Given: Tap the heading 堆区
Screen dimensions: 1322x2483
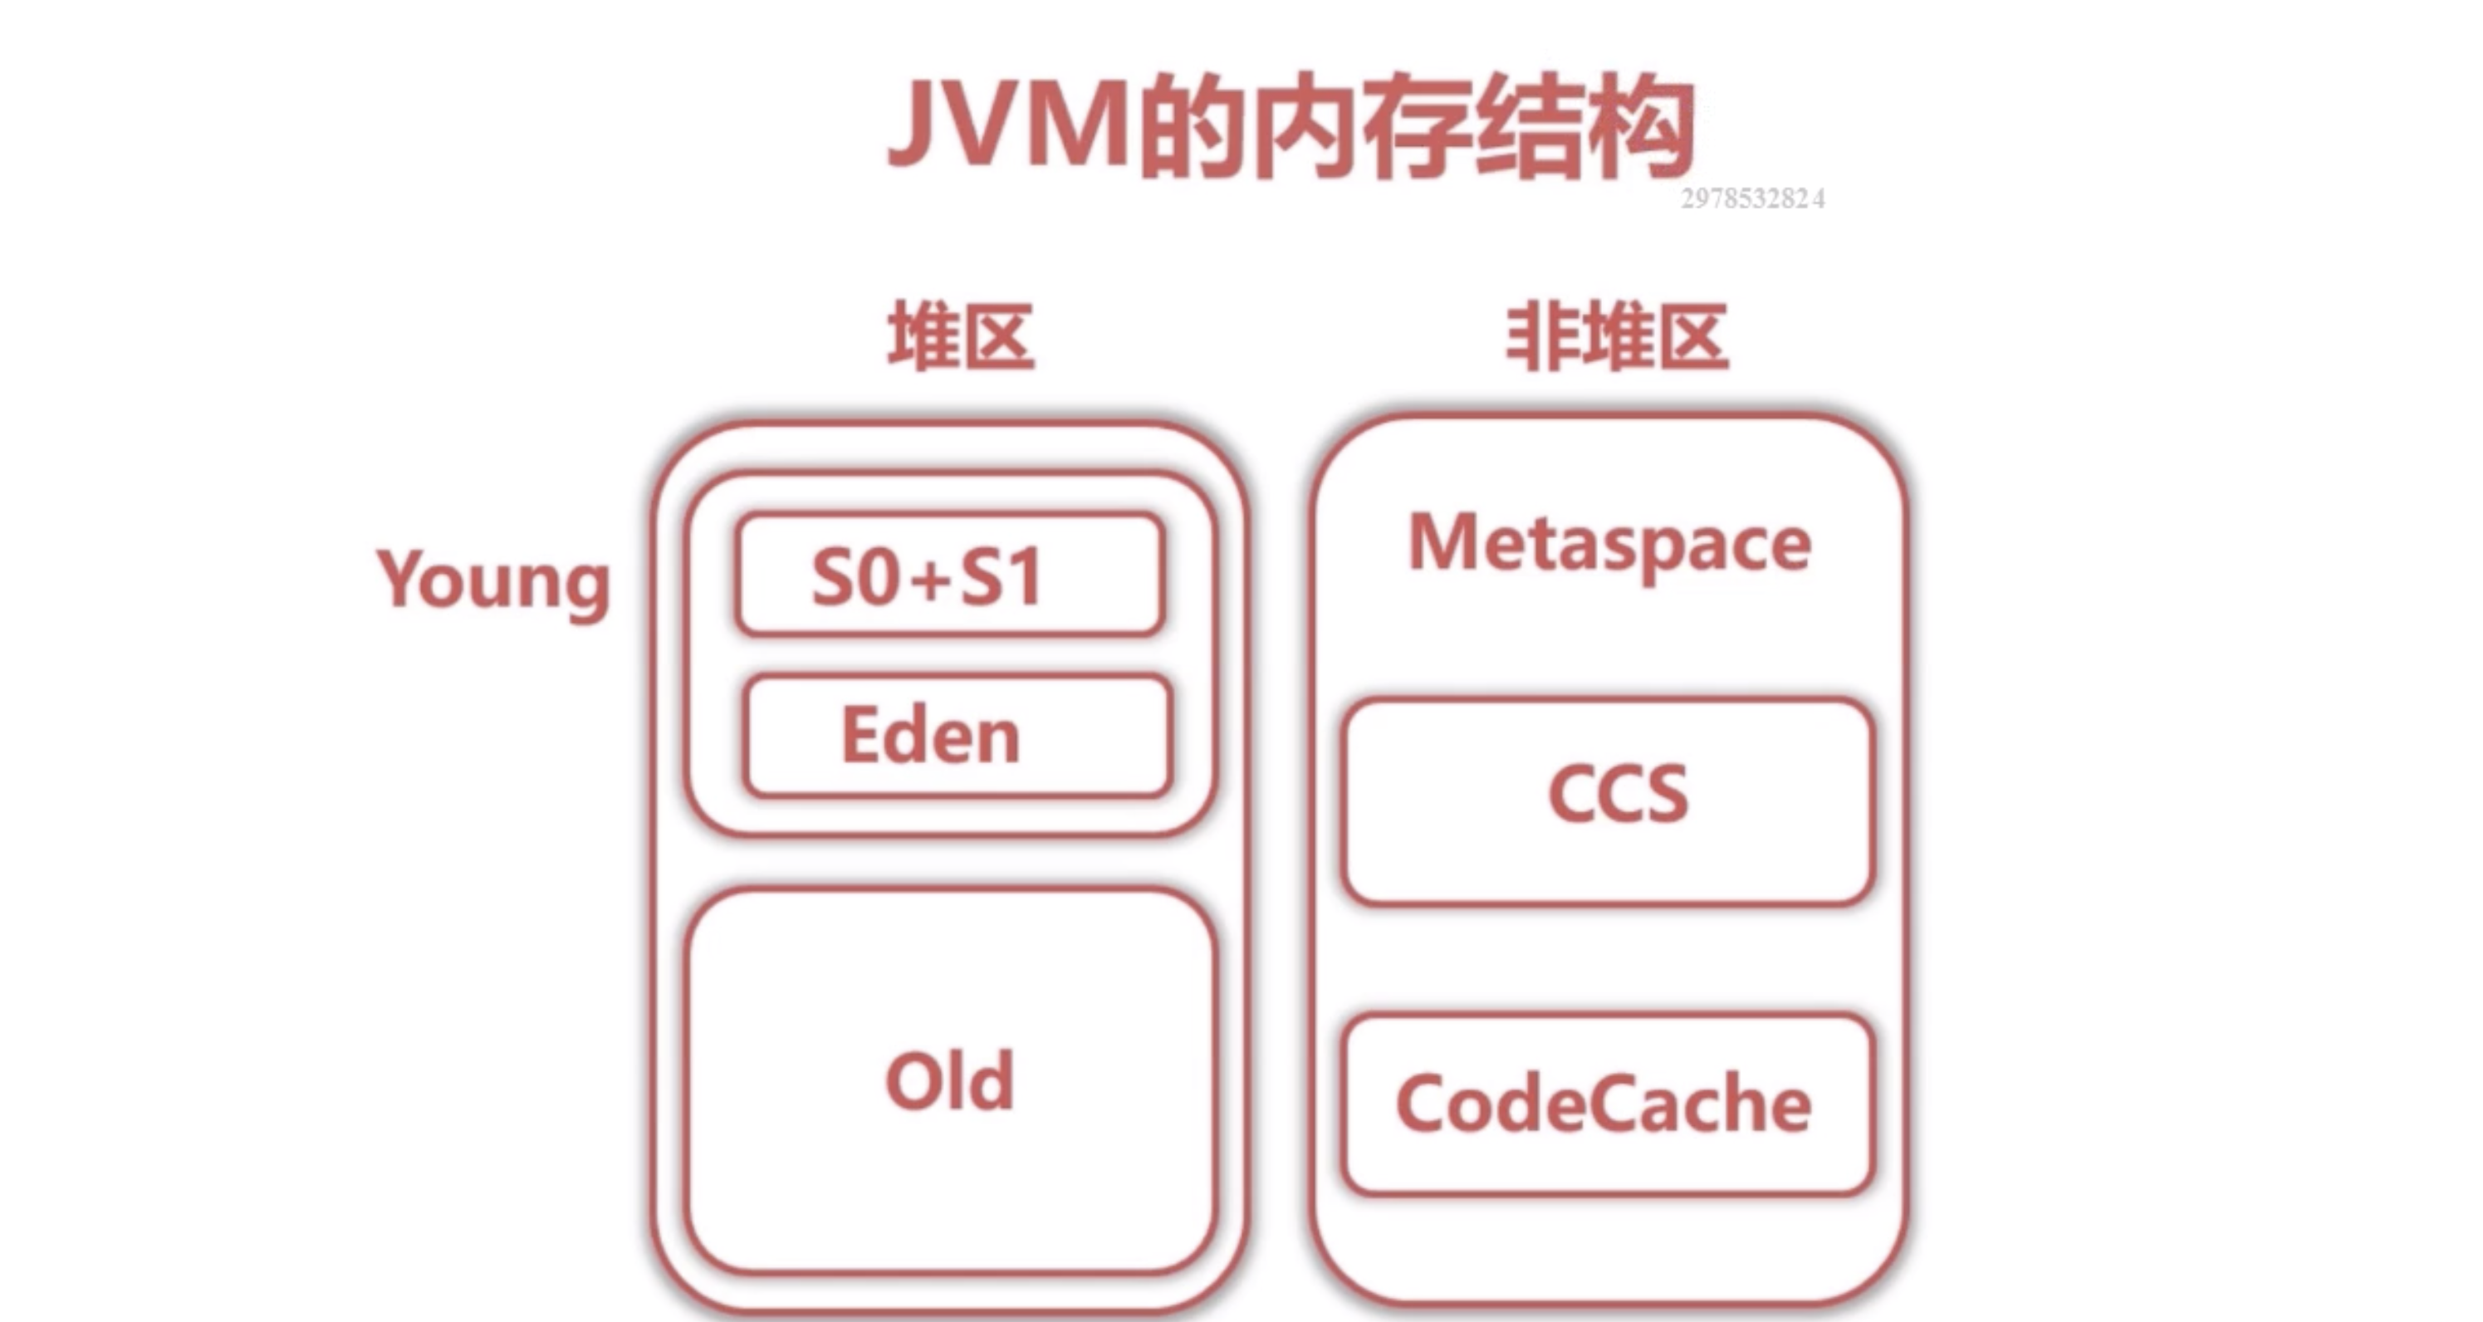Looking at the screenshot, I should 961,337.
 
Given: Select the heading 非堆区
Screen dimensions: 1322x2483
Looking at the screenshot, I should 1618,337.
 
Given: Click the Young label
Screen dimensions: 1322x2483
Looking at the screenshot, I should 493,581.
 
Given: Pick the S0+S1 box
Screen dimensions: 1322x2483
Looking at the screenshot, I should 950,575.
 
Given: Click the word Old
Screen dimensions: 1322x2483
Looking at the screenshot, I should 950,1081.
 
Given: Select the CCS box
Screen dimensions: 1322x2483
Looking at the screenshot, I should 1608,800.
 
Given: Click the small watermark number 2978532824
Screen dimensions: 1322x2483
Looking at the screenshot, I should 1752,199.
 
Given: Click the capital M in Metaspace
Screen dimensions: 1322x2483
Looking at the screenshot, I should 1446,541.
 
